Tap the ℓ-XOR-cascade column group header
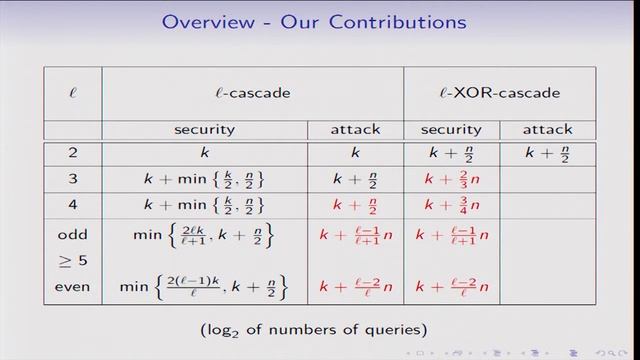[499, 93]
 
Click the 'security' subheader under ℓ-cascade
[204, 130]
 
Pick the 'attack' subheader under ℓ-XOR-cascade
[547, 130]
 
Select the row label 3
[72, 180]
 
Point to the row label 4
[72, 206]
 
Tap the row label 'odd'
[72, 234]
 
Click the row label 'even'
[72, 287]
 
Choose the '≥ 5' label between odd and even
[72, 260]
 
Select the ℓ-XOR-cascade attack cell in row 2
[547, 154]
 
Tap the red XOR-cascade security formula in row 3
[451, 180]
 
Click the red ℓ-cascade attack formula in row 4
[355, 206]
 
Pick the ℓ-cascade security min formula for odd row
[204, 234]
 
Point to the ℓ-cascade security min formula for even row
[204, 287]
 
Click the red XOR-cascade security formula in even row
[451, 287]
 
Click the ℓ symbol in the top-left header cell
[72, 93]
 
